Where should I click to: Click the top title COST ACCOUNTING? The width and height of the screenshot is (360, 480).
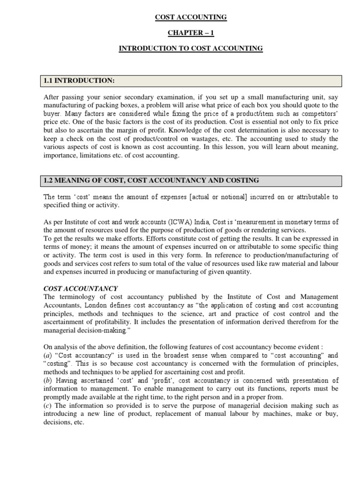191,17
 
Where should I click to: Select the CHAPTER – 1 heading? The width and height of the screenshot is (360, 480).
191,33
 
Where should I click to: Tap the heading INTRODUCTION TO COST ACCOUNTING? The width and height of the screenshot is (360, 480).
191,48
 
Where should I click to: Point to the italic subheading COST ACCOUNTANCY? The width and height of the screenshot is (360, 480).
80,288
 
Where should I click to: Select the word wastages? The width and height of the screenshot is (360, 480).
184,139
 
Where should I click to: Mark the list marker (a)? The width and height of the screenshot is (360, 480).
47,356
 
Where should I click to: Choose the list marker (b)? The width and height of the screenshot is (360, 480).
47,381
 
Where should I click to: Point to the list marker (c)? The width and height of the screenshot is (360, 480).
47,406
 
